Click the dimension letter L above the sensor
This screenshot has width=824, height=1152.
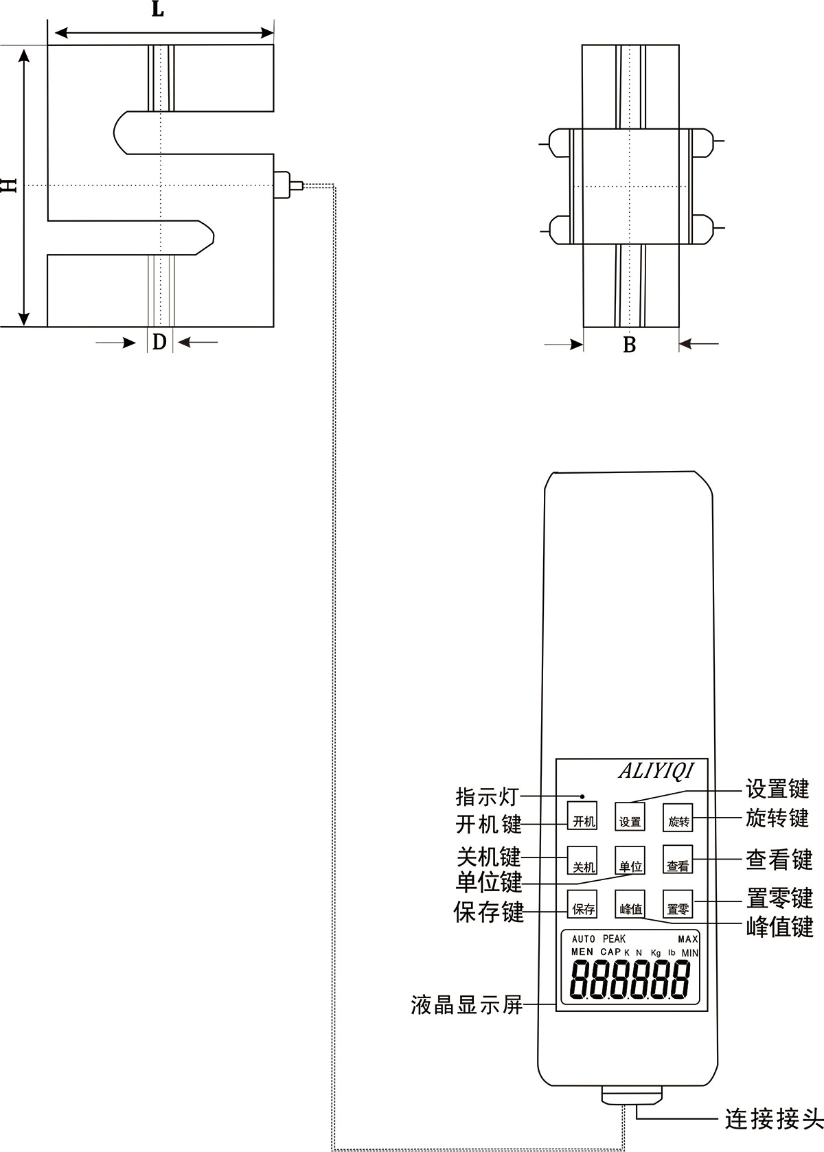tap(158, 9)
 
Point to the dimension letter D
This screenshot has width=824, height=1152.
tap(159, 341)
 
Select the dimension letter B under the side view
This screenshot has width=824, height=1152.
tap(630, 345)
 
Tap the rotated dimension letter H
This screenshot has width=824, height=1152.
tap(9, 185)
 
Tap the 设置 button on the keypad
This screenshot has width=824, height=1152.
tap(630, 817)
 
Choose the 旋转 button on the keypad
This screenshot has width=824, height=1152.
tap(678, 818)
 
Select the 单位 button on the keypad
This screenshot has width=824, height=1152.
tap(630, 862)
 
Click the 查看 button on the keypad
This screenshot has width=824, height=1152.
tap(678, 862)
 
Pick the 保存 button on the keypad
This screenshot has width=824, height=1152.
tap(583, 906)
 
